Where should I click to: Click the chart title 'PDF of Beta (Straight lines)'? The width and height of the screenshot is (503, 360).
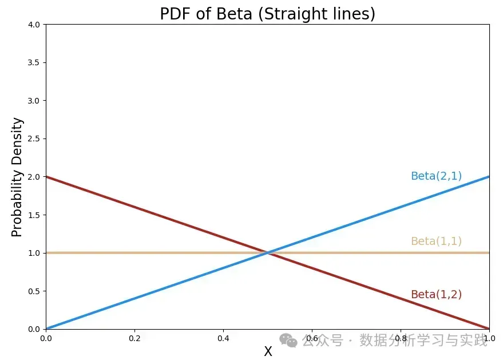pos(267,13)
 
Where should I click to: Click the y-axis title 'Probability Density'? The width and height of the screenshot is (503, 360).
pos(18,177)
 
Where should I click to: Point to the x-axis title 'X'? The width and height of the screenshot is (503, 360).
pos(268,352)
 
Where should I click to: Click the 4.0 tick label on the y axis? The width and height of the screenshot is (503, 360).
pos(34,25)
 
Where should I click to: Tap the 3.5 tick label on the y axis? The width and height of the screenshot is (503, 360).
pos(34,62)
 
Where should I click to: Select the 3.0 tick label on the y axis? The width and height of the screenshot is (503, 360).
pos(34,101)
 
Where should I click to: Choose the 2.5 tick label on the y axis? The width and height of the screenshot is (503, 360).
pos(34,139)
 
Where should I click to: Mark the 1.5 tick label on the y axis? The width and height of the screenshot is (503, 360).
pos(34,215)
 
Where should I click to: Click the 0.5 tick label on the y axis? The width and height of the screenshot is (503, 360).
pos(34,291)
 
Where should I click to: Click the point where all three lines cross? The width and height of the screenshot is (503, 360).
pos(268,252)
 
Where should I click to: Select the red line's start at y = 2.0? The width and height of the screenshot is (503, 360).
pos(46,176)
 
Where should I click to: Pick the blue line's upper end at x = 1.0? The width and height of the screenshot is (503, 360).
pos(489,176)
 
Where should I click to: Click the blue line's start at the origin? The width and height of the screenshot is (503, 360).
pos(46,329)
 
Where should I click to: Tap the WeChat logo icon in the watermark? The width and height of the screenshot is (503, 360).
pos(291,341)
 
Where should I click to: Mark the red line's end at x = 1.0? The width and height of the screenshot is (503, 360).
pos(489,329)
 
